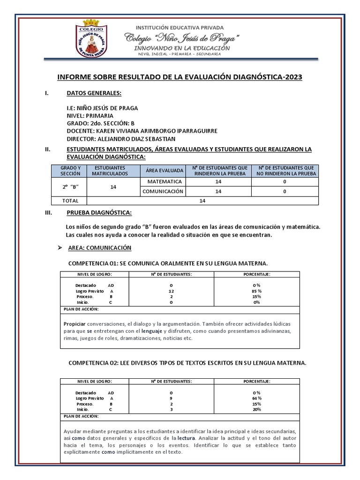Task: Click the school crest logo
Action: pos(98,39)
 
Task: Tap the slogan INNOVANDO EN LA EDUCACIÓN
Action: pos(182,48)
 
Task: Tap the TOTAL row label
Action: pos(71,201)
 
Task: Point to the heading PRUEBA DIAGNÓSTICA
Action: pos(99,213)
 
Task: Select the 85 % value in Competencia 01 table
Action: pos(256,291)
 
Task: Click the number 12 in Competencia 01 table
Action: pos(172,291)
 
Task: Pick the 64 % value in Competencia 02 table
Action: pos(256,398)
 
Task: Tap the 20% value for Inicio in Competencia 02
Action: pos(256,409)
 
